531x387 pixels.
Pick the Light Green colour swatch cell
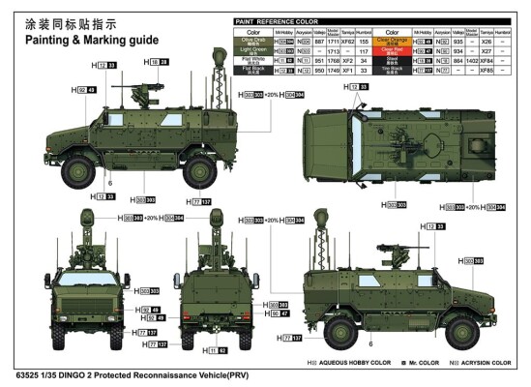pyautogui.click(x=251, y=51)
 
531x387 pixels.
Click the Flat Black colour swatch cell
pyautogui.click(x=251, y=70)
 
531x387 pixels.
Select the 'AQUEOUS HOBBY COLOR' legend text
pyautogui.click(x=348, y=363)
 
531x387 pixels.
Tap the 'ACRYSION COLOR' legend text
pyautogui.click(x=485, y=363)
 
